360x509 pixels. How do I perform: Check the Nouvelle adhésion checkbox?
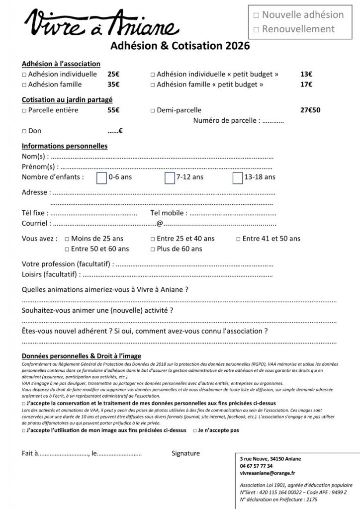pos(257,15)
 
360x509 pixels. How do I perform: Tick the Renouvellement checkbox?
pos(257,29)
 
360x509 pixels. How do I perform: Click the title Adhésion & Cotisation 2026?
pos(180,46)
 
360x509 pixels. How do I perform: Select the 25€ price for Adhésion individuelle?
pos(113,74)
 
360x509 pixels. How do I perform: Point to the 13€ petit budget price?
pos(306,74)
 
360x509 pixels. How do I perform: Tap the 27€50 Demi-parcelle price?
pos(310,110)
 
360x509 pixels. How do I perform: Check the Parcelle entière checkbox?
pos(24,110)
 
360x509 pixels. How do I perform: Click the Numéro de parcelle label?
pos(226,120)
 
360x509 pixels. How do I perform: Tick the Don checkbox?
pos(24,132)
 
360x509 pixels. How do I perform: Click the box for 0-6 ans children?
pos(101,177)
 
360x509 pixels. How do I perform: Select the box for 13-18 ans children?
pos(238,177)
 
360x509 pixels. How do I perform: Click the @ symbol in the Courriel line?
pos(160,224)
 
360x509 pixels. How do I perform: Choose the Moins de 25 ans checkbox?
pos(67,239)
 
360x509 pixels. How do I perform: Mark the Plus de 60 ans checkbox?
pos(153,249)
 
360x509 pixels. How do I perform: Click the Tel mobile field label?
pos(169,213)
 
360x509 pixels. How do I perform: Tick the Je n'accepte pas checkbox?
pos(195,430)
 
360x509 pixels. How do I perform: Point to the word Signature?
pos(185,453)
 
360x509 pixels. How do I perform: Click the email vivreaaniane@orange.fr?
pos(268,474)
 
